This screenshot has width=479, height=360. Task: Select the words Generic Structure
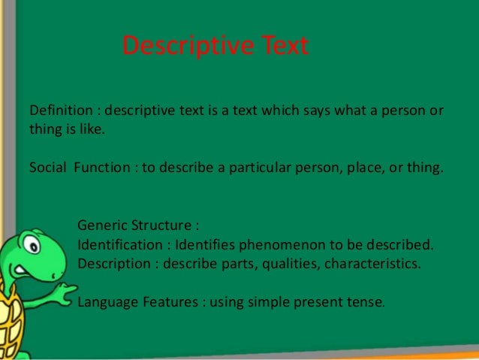coord(137,225)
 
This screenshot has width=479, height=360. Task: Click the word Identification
coord(119,245)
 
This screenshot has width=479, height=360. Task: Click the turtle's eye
coord(30,245)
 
